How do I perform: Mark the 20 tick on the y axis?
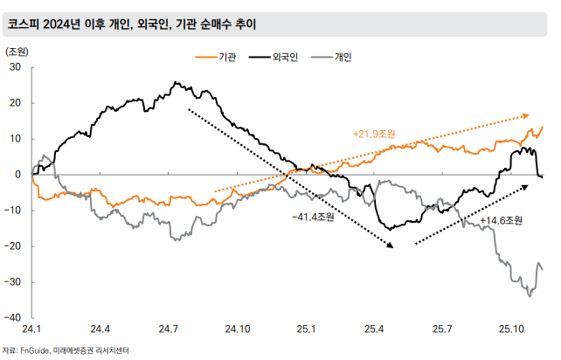click(16, 102)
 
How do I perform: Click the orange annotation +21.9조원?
click(374, 135)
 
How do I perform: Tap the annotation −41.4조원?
click(313, 215)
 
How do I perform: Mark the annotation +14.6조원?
click(501, 220)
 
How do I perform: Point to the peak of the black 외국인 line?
click(176, 83)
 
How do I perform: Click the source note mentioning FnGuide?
click(66, 350)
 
